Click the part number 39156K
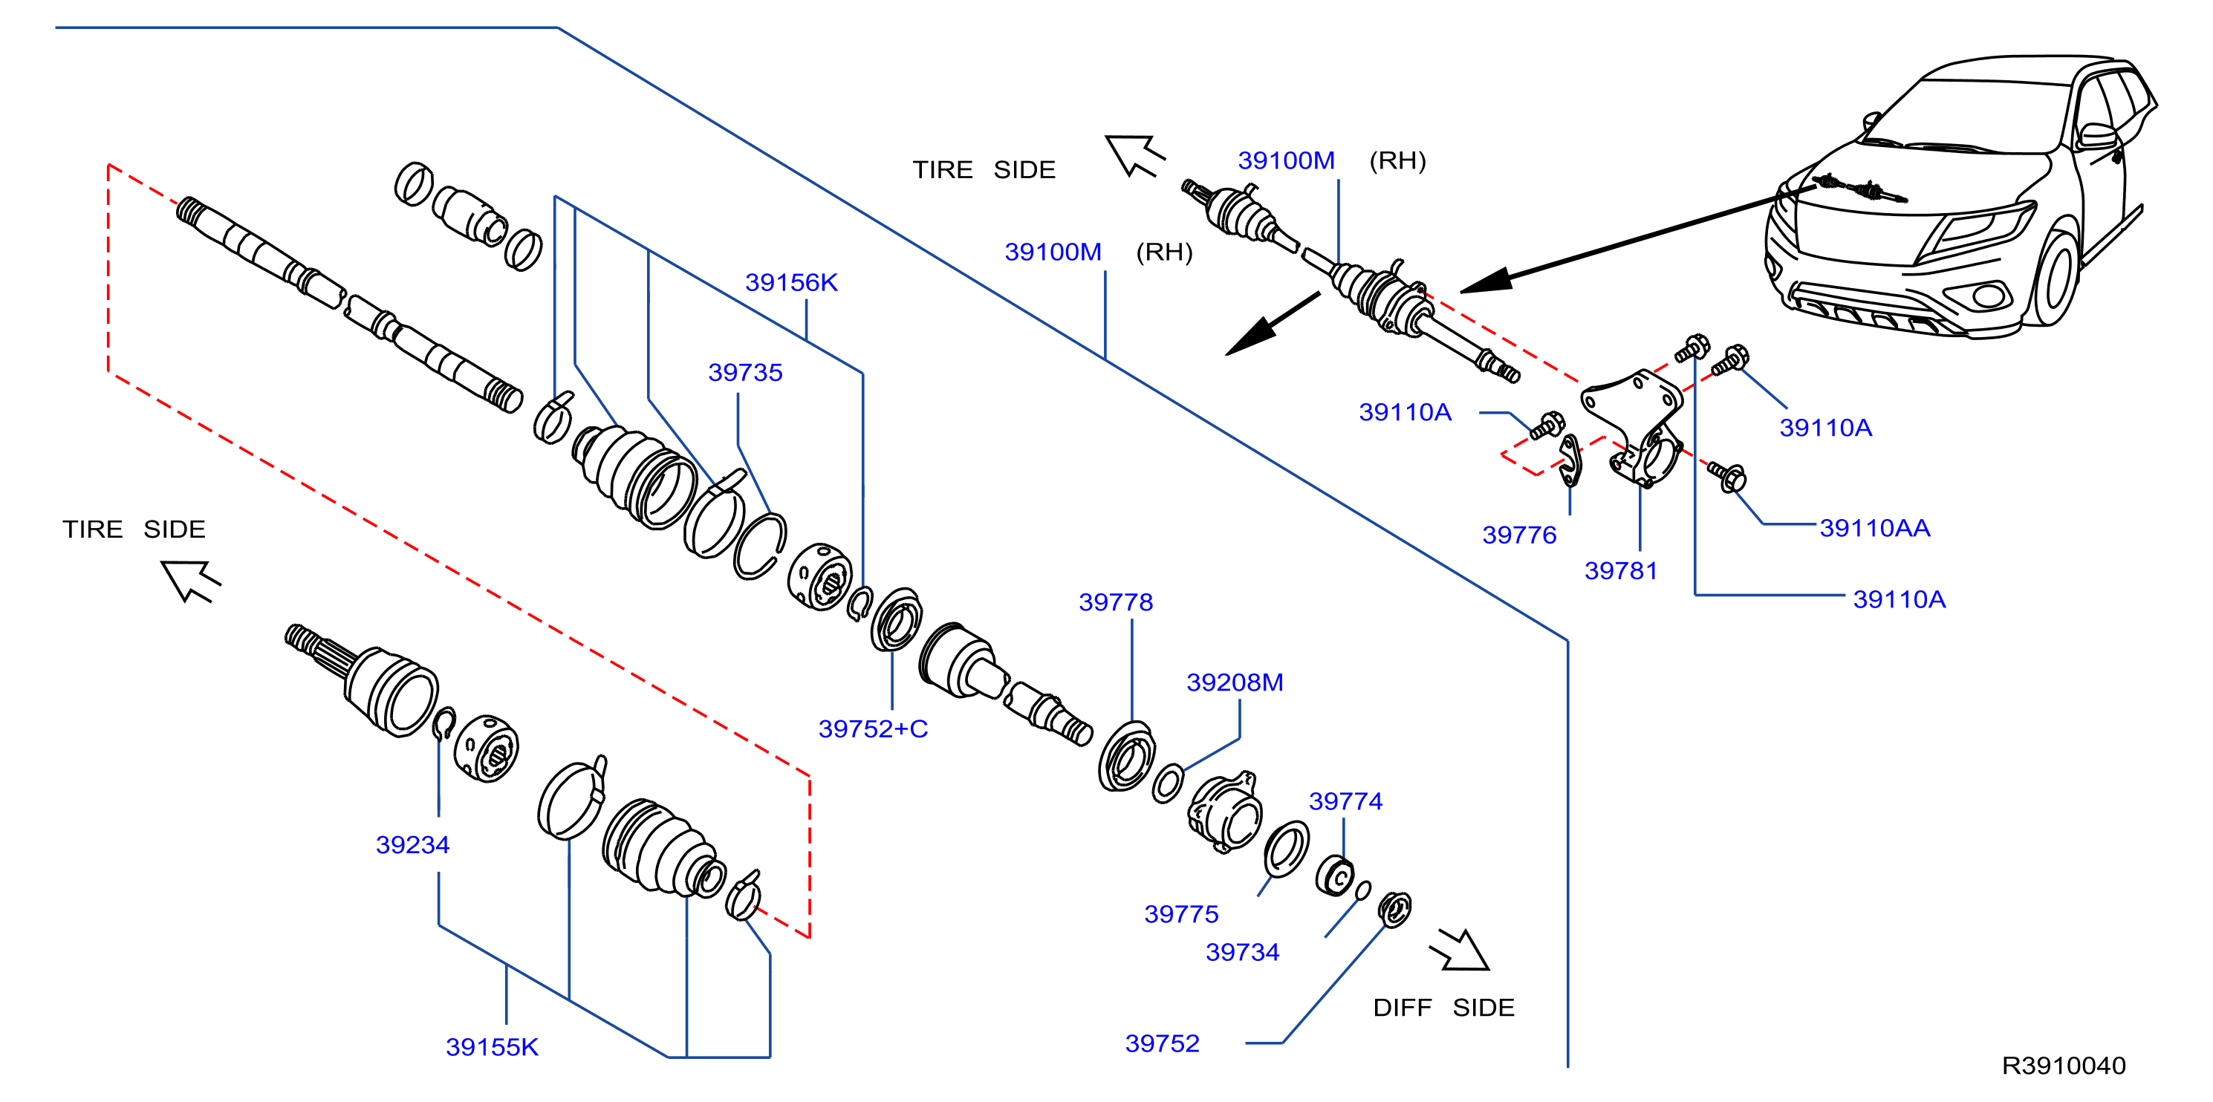coord(791,283)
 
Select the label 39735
coord(745,373)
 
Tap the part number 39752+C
coord(873,729)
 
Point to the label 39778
coord(1115,602)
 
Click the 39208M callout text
coord(1235,683)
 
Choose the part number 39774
coord(1345,801)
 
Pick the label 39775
coord(1181,914)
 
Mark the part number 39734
coord(1242,953)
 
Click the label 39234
coord(412,845)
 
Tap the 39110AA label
coord(1874,528)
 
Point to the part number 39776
coord(1519,535)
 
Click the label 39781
coord(1620,571)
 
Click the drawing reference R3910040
coord(2064,1066)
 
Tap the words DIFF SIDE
coord(1443,1008)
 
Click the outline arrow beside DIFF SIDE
coord(1460,950)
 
